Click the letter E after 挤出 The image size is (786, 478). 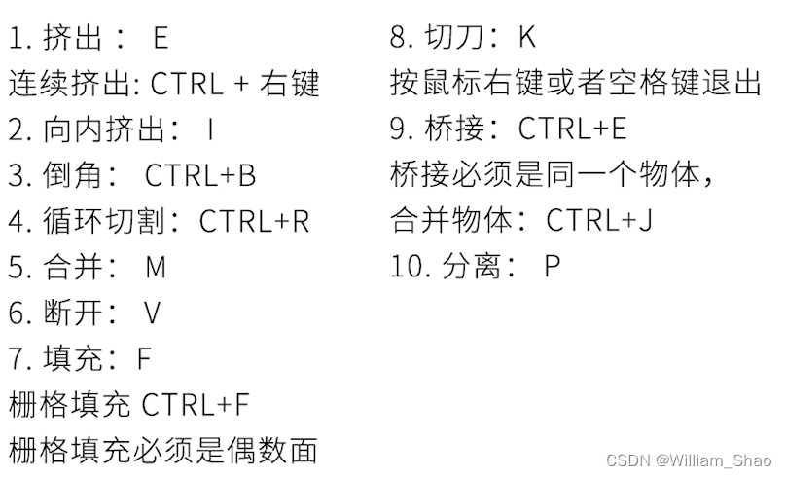click(161, 38)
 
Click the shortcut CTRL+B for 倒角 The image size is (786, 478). click(200, 175)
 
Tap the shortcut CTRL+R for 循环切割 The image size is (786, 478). click(255, 221)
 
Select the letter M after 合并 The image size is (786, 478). click(156, 267)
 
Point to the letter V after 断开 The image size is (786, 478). click(152, 313)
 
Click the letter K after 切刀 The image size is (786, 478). click(526, 38)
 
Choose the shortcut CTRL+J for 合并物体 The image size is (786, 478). click(599, 221)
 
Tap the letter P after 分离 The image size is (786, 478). click(553, 267)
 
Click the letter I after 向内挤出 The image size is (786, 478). click(210, 129)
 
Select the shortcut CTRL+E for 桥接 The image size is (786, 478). click(573, 129)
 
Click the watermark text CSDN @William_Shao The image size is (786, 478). click(689, 460)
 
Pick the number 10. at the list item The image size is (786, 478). click(407, 267)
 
